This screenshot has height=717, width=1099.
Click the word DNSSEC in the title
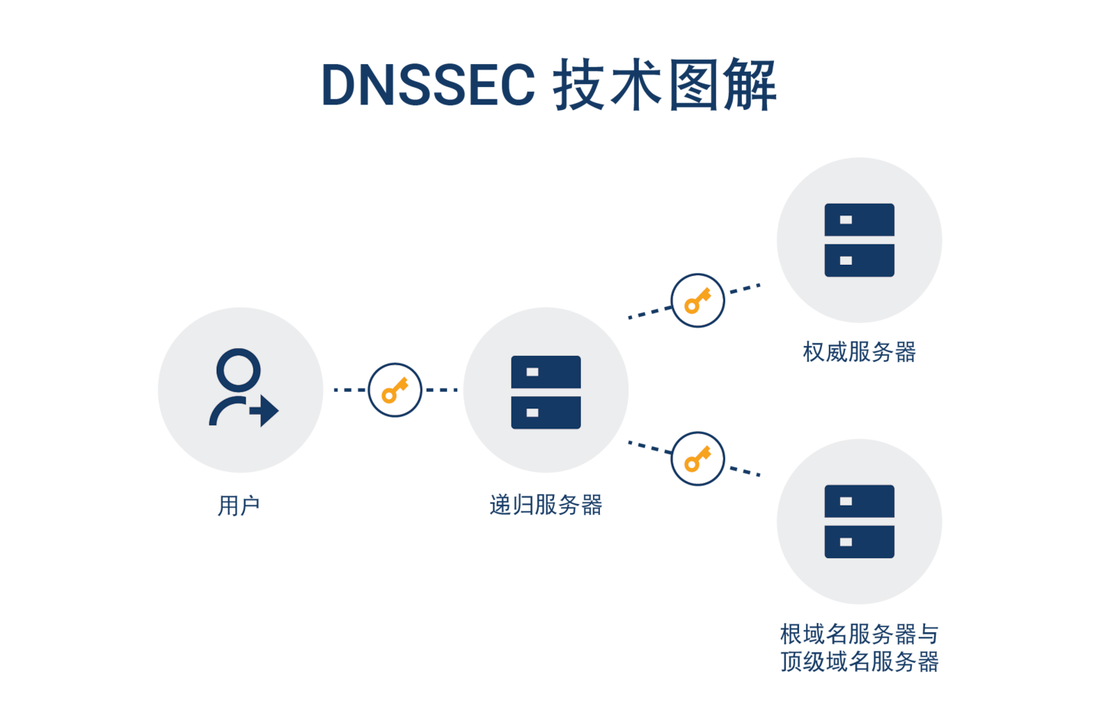[x=428, y=85]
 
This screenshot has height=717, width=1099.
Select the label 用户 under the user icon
[x=239, y=505]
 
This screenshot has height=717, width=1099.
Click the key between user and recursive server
[x=395, y=390]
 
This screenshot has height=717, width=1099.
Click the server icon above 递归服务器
[x=546, y=392]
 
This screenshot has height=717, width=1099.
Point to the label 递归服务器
[x=546, y=505]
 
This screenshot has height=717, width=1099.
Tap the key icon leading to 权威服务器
[x=697, y=300]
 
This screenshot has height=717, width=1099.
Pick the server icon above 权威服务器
[x=859, y=240]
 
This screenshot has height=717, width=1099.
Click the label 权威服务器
[x=859, y=352]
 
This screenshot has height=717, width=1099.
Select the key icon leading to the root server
[x=697, y=459]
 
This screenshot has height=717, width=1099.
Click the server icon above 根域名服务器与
[x=859, y=521]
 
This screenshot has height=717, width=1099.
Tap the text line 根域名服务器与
[x=859, y=634]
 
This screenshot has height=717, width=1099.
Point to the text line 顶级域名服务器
[x=859, y=661]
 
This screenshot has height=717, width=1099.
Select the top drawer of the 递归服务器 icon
[x=546, y=372]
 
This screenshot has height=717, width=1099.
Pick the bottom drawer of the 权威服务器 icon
[x=859, y=260]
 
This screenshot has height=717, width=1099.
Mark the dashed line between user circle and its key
[x=349, y=390]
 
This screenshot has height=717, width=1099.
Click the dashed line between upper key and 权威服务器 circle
[x=745, y=289]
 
